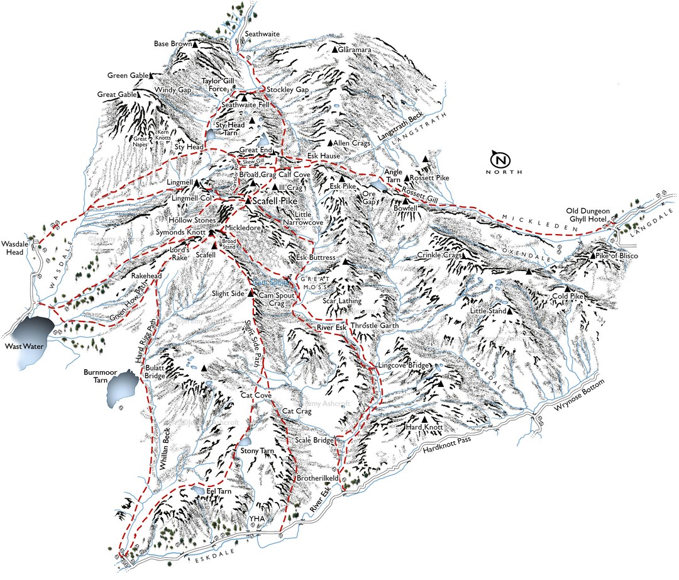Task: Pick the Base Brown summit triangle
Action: pos(196,45)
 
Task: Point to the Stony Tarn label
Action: pos(256,451)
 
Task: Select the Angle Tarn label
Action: pos(393,176)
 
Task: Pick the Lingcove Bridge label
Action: pos(403,365)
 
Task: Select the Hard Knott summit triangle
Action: pos(425,419)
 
